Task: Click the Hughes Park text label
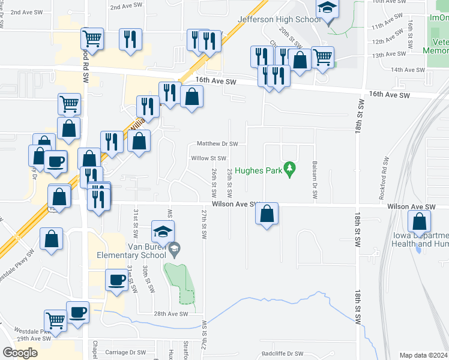[259, 170]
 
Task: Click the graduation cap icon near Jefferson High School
[327, 8]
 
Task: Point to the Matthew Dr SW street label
[218, 144]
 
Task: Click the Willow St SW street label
[208, 158]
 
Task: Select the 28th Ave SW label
[171, 314]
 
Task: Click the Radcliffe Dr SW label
[282, 354]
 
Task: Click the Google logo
[20, 352]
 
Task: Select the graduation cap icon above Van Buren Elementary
[163, 231]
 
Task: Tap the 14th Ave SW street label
[408, 70]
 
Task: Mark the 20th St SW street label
[294, 37]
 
